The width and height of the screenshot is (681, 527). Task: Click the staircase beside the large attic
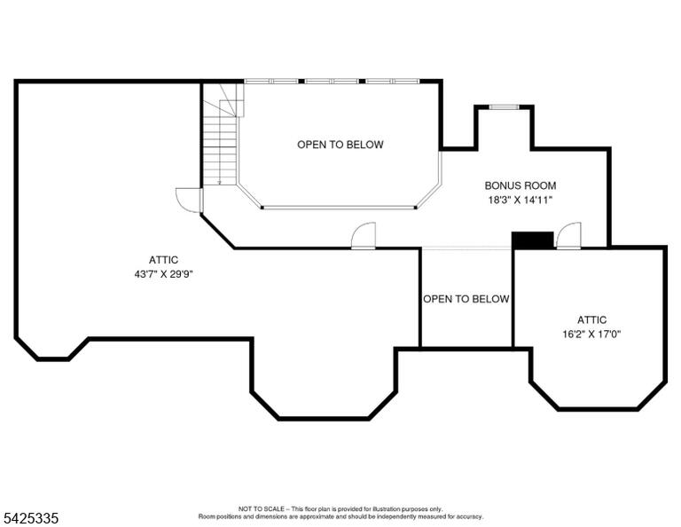[221, 135]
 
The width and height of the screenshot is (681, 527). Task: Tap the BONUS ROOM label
[521, 185]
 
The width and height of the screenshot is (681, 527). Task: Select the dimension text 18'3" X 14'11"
[520, 201]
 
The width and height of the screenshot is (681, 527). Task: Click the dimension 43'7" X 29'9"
[163, 274]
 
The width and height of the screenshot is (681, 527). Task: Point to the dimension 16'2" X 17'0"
[591, 334]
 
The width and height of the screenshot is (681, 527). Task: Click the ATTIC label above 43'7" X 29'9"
[163, 260]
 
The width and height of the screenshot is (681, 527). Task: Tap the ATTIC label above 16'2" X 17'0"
[591, 319]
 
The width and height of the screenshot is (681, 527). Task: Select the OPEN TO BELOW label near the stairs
[340, 145]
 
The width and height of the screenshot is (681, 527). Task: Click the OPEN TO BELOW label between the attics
[466, 299]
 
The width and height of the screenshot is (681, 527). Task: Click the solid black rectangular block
[532, 240]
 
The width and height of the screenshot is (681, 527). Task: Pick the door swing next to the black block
[569, 235]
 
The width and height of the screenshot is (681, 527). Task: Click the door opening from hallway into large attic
[363, 235]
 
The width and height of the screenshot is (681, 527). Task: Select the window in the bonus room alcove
[504, 106]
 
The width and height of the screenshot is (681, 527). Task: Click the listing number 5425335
[30, 518]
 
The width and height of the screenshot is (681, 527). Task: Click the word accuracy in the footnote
[468, 517]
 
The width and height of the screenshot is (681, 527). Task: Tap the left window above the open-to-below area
[271, 82]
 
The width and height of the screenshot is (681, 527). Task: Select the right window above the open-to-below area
[393, 82]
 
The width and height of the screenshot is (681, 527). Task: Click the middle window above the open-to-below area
[332, 82]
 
